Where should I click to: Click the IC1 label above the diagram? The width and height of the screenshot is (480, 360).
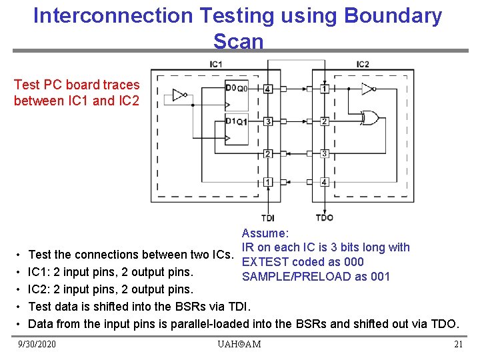tap(216, 64)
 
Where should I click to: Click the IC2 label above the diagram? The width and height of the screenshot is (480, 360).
tap(363, 64)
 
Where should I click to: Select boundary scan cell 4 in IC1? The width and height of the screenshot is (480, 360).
tap(267, 89)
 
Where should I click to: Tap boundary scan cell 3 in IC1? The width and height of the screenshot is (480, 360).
tap(267, 121)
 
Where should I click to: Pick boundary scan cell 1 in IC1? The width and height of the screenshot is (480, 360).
tap(267, 181)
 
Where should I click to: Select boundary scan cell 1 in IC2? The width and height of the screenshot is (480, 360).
tap(324, 89)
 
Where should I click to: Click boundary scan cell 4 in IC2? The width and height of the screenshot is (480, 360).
tap(324, 181)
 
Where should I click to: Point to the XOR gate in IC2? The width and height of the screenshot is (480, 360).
tap(369, 119)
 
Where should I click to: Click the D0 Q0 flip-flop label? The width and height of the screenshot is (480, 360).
tap(236, 88)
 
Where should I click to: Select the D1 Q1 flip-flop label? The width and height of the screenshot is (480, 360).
tap(236, 121)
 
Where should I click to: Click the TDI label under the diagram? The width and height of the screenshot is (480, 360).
tap(268, 217)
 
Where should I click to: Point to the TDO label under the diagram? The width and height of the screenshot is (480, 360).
tap(324, 217)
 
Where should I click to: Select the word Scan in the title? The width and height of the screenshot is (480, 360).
tap(238, 41)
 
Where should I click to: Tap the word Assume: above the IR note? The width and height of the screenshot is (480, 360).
tap(265, 233)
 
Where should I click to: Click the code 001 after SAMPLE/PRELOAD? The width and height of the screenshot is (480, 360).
tap(381, 277)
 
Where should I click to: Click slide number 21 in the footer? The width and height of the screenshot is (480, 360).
tap(458, 344)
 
